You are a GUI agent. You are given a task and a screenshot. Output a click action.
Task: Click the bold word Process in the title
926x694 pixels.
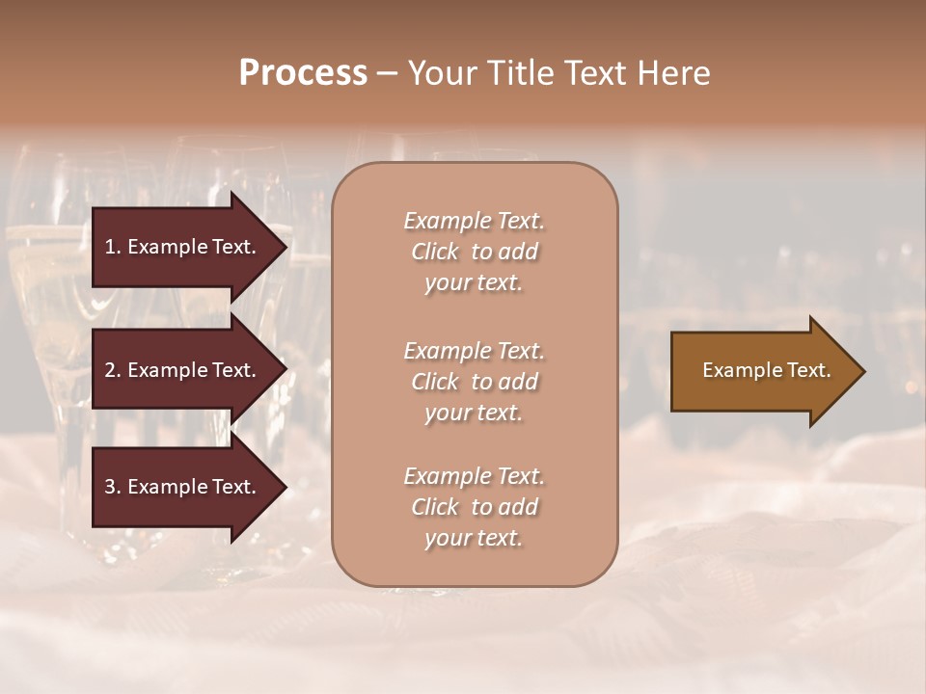click(303, 73)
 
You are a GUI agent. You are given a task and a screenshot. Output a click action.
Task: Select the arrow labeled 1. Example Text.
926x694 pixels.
click(183, 247)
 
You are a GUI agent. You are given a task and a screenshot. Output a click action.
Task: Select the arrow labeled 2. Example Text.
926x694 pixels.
click(183, 370)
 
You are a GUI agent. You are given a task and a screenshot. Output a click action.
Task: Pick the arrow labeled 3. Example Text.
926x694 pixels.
click(183, 487)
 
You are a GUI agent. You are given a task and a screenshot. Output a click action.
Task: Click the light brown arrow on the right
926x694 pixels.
click(762, 370)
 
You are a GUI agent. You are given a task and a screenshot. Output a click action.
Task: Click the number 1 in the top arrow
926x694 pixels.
click(110, 247)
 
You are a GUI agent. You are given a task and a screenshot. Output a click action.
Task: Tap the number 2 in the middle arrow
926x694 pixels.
click(110, 370)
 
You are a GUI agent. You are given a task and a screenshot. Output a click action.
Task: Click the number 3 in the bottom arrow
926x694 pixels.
click(110, 487)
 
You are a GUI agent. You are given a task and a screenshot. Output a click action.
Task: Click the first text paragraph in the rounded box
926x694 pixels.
click(474, 252)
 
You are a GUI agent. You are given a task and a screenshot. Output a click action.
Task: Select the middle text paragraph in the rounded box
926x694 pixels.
click(474, 381)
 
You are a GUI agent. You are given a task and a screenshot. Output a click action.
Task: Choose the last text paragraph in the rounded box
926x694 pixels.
click(474, 507)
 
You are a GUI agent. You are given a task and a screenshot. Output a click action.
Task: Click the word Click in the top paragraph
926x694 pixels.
click(435, 252)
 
